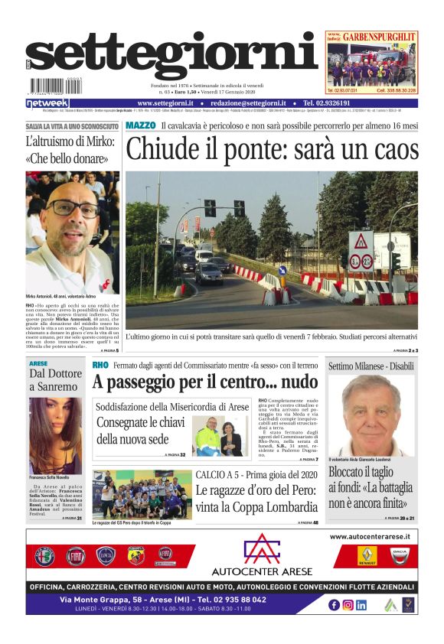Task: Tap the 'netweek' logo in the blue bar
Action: [47, 103]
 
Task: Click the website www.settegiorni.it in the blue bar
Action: [165, 103]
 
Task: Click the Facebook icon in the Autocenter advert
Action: [334, 604]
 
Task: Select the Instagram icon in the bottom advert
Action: [348, 604]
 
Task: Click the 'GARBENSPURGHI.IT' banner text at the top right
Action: [379, 36]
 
